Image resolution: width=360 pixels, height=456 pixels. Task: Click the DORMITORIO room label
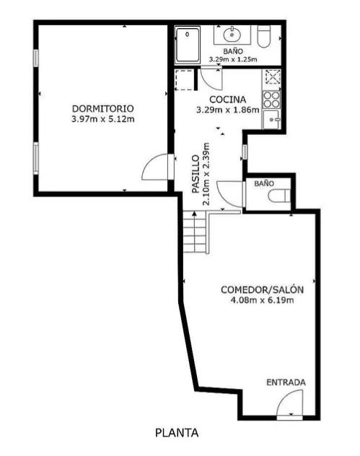click(x=103, y=109)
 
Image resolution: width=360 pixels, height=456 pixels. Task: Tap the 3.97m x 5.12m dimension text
click(x=103, y=119)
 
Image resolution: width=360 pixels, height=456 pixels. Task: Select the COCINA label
click(x=228, y=100)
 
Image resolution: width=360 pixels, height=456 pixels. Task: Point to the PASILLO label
click(x=196, y=174)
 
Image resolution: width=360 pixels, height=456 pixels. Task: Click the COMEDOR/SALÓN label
click(x=263, y=289)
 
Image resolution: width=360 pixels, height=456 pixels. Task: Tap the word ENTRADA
click(x=286, y=382)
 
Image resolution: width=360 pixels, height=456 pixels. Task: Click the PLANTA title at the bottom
click(x=177, y=433)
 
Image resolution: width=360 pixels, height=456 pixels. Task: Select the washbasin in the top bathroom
click(x=232, y=35)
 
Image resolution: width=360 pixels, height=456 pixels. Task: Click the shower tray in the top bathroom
click(x=188, y=45)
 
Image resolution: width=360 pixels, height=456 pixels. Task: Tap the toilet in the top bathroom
click(x=264, y=37)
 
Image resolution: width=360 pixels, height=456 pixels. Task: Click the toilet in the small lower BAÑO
click(x=279, y=196)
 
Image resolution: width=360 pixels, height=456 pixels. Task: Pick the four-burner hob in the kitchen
click(x=271, y=100)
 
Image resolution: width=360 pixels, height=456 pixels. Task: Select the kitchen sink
click(x=271, y=119)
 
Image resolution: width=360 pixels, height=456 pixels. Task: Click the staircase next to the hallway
click(x=195, y=232)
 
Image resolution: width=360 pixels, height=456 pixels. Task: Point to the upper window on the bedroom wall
click(x=35, y=58)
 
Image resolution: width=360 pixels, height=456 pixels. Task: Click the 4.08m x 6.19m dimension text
click(x=263, y=300)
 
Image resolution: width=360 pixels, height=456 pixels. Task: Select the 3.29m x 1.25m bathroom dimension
click(x=233, y=60)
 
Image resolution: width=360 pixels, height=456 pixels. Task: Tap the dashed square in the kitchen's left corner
click(x=184, y=79)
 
